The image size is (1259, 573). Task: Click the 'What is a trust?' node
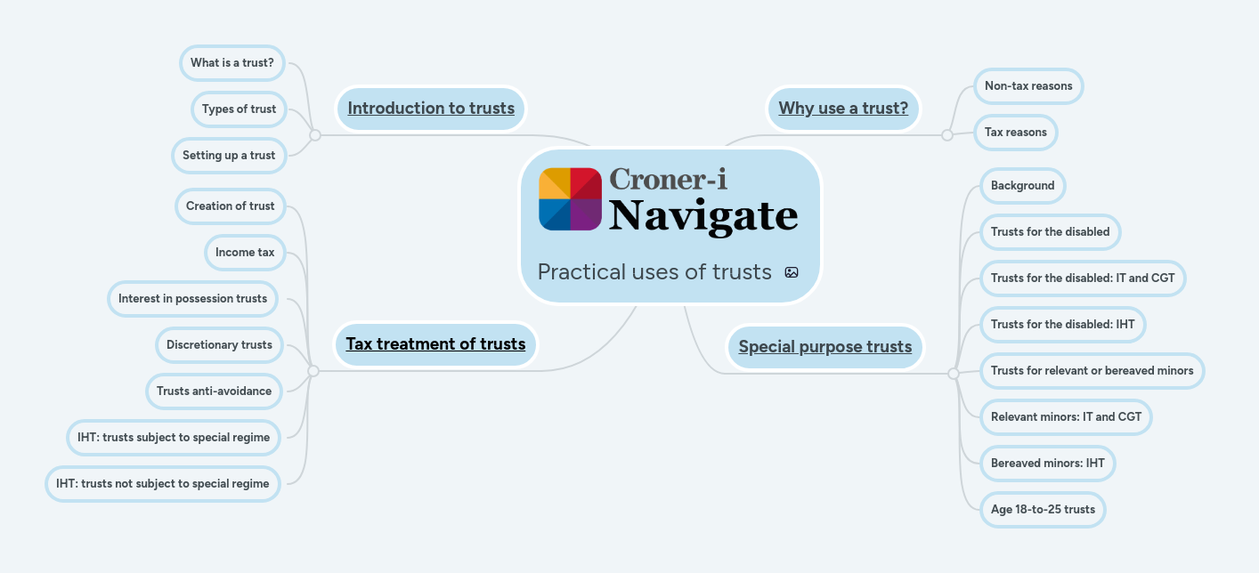231,63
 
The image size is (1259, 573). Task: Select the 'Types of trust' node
239,109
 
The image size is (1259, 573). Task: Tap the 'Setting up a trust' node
229,156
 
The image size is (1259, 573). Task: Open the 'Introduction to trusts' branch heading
431,109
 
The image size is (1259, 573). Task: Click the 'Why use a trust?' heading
843,109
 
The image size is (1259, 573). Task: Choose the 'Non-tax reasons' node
1028,86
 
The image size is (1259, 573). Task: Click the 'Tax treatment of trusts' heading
435,344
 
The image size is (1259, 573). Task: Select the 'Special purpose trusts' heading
824,347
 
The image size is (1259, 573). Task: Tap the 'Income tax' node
245,253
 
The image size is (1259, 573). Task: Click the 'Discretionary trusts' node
219,345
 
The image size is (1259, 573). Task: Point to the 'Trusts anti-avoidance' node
214,391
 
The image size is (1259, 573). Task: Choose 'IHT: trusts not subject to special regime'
162,484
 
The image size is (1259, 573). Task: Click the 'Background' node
1022,186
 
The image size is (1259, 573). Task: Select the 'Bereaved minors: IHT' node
1047,464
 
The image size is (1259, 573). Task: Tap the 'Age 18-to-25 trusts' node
1043,510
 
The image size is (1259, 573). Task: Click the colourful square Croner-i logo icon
571,198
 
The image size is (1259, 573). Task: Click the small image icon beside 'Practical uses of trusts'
792,272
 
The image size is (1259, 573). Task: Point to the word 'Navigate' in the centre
703,216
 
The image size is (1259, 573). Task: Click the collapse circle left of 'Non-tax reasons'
947,135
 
